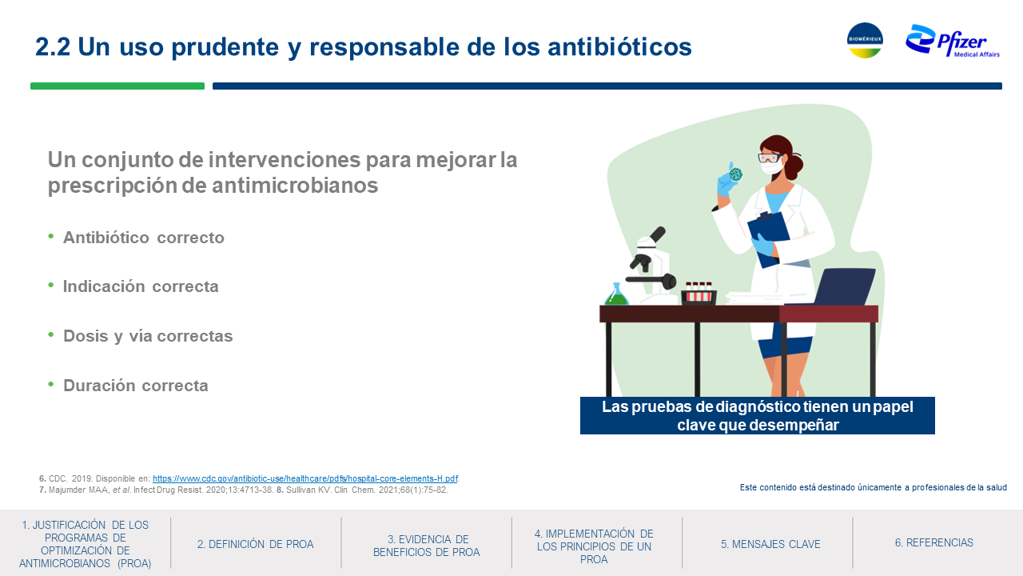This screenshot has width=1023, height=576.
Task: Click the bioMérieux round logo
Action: [x=865, y=40]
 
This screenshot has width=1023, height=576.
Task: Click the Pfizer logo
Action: [x=953, y=41]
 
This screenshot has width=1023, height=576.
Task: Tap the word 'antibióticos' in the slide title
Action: [x=619, y=46]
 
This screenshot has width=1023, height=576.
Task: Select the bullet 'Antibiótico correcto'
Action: [x=143, y=238]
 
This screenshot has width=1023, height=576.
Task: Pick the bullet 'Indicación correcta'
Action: [x=141, y=286]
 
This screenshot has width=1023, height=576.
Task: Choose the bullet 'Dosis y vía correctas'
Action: [x=148, y=336]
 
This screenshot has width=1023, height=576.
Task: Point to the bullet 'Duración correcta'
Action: [x=136, y=386]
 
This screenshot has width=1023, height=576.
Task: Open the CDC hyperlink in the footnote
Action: [x=305, y=478]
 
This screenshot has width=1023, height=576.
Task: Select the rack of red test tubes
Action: [x=699, y=294]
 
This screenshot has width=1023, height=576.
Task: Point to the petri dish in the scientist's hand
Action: [x=736, y=174]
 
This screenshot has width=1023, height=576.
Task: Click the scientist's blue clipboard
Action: [x=770, y=238]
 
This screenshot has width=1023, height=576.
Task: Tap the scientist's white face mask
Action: [x=772, y=167]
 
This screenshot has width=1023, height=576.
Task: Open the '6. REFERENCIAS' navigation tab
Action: [x=934, y=542]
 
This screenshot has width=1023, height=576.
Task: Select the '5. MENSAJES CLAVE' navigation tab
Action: [x=770, y=544]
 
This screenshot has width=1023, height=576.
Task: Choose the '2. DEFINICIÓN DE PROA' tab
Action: [x=255, y=544]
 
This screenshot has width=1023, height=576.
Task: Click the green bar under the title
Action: [x=117, y=86]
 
